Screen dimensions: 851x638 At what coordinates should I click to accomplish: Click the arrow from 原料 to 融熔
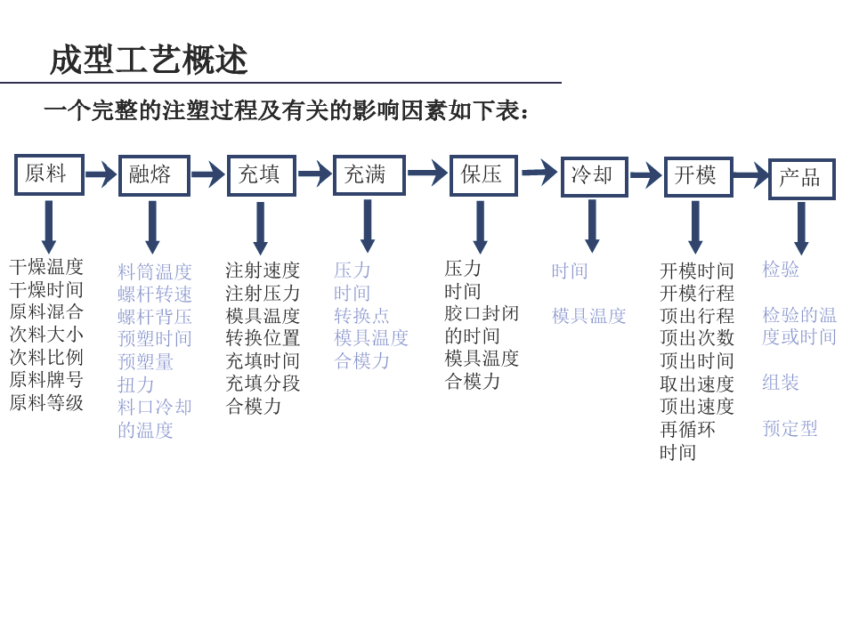click(101, 174)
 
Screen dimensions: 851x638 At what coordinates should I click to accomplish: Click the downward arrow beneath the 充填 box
click(261, 228)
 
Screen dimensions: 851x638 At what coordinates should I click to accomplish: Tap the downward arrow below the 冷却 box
click(592, 226)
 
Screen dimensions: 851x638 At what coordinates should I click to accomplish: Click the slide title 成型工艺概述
click(149, 60)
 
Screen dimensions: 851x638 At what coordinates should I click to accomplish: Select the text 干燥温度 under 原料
click(46, 267)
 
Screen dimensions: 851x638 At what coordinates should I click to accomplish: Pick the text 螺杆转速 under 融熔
click(155, 294)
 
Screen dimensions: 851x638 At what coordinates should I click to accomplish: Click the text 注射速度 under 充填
click(263, 271)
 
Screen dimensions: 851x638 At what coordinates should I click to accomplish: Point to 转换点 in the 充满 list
click(361, 315)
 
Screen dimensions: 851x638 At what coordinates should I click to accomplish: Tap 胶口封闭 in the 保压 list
click(482, 313)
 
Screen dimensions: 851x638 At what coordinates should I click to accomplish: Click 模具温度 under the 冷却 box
click(589, 315)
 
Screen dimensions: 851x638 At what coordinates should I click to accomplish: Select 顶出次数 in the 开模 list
click(697, 337)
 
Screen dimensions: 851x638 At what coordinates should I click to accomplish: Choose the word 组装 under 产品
click(781, 383)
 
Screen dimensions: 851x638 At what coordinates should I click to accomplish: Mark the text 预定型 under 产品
click(790, 428)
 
